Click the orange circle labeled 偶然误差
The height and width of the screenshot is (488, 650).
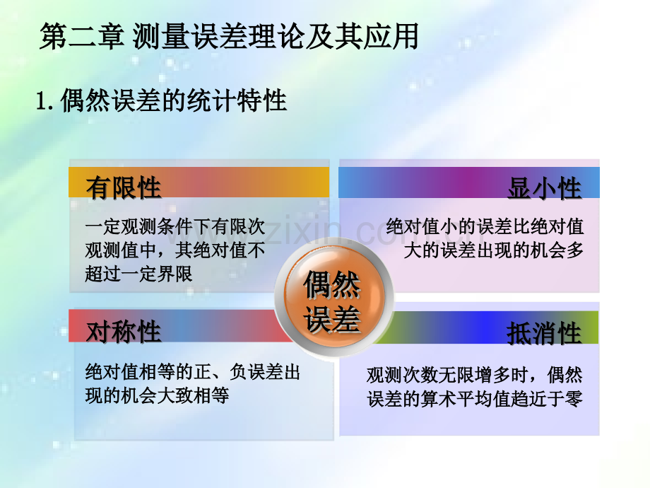pos(333,298)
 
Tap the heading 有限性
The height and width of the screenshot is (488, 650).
pos(124,187)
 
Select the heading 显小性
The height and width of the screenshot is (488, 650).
pos(545,188)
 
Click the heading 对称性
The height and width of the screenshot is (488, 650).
pos(124,331)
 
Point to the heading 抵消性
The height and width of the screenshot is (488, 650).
pos(544,333)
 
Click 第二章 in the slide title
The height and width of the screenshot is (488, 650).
pos(82,37)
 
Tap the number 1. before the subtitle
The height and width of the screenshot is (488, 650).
pos(45,101)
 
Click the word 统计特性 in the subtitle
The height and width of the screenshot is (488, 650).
pos(237,100)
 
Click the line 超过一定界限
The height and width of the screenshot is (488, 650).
pos(139,274)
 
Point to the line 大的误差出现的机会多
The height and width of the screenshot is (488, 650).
pos(494,250)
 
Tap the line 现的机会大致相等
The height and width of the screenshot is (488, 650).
pos(157,395)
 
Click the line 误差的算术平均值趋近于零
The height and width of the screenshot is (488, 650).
pos(475,399)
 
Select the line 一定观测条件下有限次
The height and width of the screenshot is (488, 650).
pos(175,226)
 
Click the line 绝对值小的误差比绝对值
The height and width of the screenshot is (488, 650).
pos(485,226)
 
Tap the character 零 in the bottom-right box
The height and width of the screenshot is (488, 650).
pos(574,399)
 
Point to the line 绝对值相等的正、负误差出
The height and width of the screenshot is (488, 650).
pos(193,372)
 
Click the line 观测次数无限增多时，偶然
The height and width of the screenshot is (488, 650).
pos(475,375)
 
